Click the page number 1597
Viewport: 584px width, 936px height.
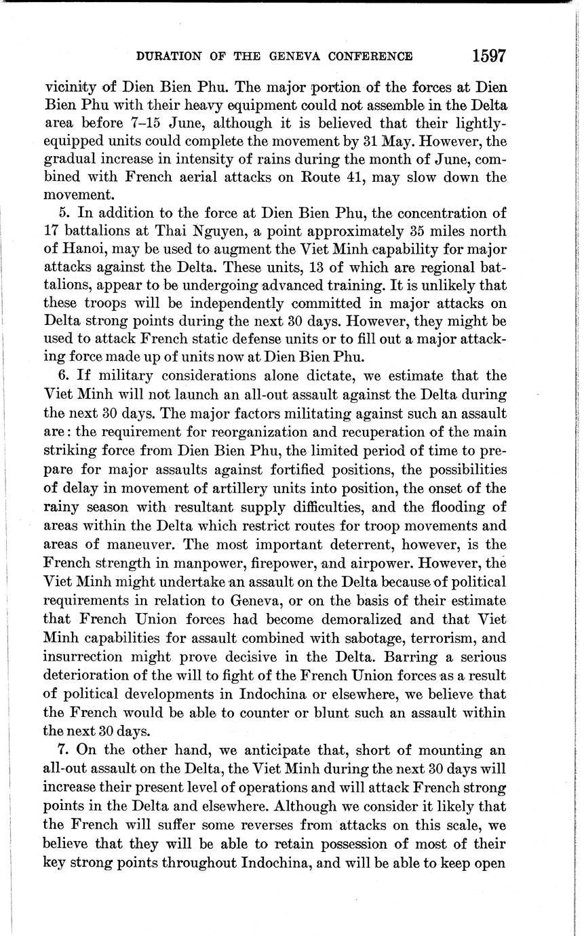[488, 56]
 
